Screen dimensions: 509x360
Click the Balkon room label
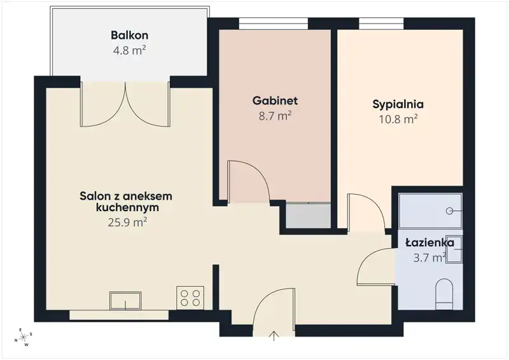click(x=130, y=35)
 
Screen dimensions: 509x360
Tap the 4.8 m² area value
click(x=129, y=50)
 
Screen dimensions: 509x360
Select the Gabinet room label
click(x=275, y=100)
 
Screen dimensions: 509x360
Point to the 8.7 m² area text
click(x=275, y=116)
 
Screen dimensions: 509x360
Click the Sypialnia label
click(x=398, y=104)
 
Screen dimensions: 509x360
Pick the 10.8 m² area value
click(x=398, y=120)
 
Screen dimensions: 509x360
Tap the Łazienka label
click(x=430, y=242)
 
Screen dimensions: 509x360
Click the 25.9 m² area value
click(x=128, y=223)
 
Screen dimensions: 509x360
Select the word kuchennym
click(x=128, y=207)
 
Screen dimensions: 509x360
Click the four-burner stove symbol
click(x=190, y=298)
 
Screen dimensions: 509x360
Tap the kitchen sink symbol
click(x=125, y=301)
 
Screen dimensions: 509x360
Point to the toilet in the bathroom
click(x=444, y=294)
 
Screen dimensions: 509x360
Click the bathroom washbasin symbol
click(x=454, y=249)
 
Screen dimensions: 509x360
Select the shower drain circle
click(x=449, y=211)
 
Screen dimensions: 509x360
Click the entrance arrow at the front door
click(x=274, y=336)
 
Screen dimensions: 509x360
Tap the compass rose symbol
click(x=24, y=338)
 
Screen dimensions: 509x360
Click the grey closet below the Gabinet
click(x=308, y=216)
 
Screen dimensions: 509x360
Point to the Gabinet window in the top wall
click(x=274, y=24)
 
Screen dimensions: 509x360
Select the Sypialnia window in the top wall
click(x=381, y=24)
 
